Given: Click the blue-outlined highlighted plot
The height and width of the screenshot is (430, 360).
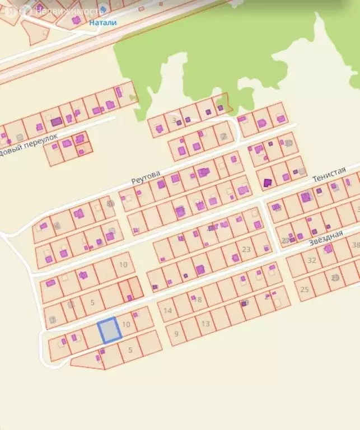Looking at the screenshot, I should tap(110, 330).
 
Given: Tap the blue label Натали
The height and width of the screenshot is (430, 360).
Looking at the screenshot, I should tap(102, 23).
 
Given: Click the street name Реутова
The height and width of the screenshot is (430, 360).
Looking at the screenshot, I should tap(146, 177).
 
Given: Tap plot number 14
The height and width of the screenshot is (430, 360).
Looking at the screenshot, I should tap(167, 310).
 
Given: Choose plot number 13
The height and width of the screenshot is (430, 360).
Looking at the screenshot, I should tap(205, 324).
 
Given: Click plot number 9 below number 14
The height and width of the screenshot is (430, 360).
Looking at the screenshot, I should tap(176, 334).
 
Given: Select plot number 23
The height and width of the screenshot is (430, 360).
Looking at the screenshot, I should tap(246, 249).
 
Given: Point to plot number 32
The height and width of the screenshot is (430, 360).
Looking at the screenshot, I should tap(312, 260).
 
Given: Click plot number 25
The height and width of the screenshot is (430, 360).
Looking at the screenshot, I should tap(305, 289).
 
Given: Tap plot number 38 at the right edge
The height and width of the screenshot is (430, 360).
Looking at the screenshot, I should tap(355, 245).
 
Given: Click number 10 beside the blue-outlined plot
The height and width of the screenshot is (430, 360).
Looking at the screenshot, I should tap(126, 324).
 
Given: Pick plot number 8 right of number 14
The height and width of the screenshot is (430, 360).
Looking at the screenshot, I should tap(199, 300).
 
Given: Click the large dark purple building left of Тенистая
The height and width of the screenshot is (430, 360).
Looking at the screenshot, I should tap(267, 182).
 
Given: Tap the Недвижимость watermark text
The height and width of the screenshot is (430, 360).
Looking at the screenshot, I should tap(69, 10).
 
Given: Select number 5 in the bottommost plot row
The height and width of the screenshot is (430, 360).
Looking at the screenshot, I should tap(130, 350).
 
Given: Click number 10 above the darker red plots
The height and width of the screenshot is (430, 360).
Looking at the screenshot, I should tap(123, 264).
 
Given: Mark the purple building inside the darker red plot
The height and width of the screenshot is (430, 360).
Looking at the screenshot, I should tap(129, 297).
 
